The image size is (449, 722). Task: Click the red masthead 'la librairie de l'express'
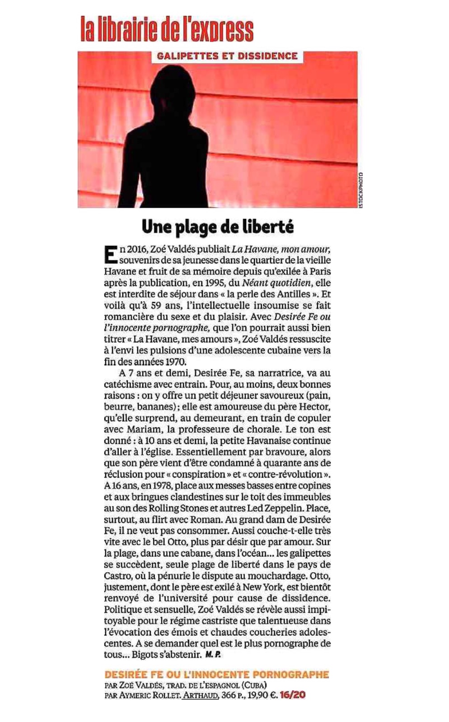point(167,29)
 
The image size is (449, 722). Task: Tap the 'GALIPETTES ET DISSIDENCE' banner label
point(227,56)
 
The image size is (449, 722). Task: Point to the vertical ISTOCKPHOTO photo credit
point(360,190)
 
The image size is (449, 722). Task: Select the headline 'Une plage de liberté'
point(218,227)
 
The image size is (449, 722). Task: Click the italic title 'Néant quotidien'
point(276,283)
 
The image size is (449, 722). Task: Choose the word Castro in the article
point(119,576)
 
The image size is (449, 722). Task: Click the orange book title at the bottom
point(217,675)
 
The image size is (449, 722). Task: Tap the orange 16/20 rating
point(293,695)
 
